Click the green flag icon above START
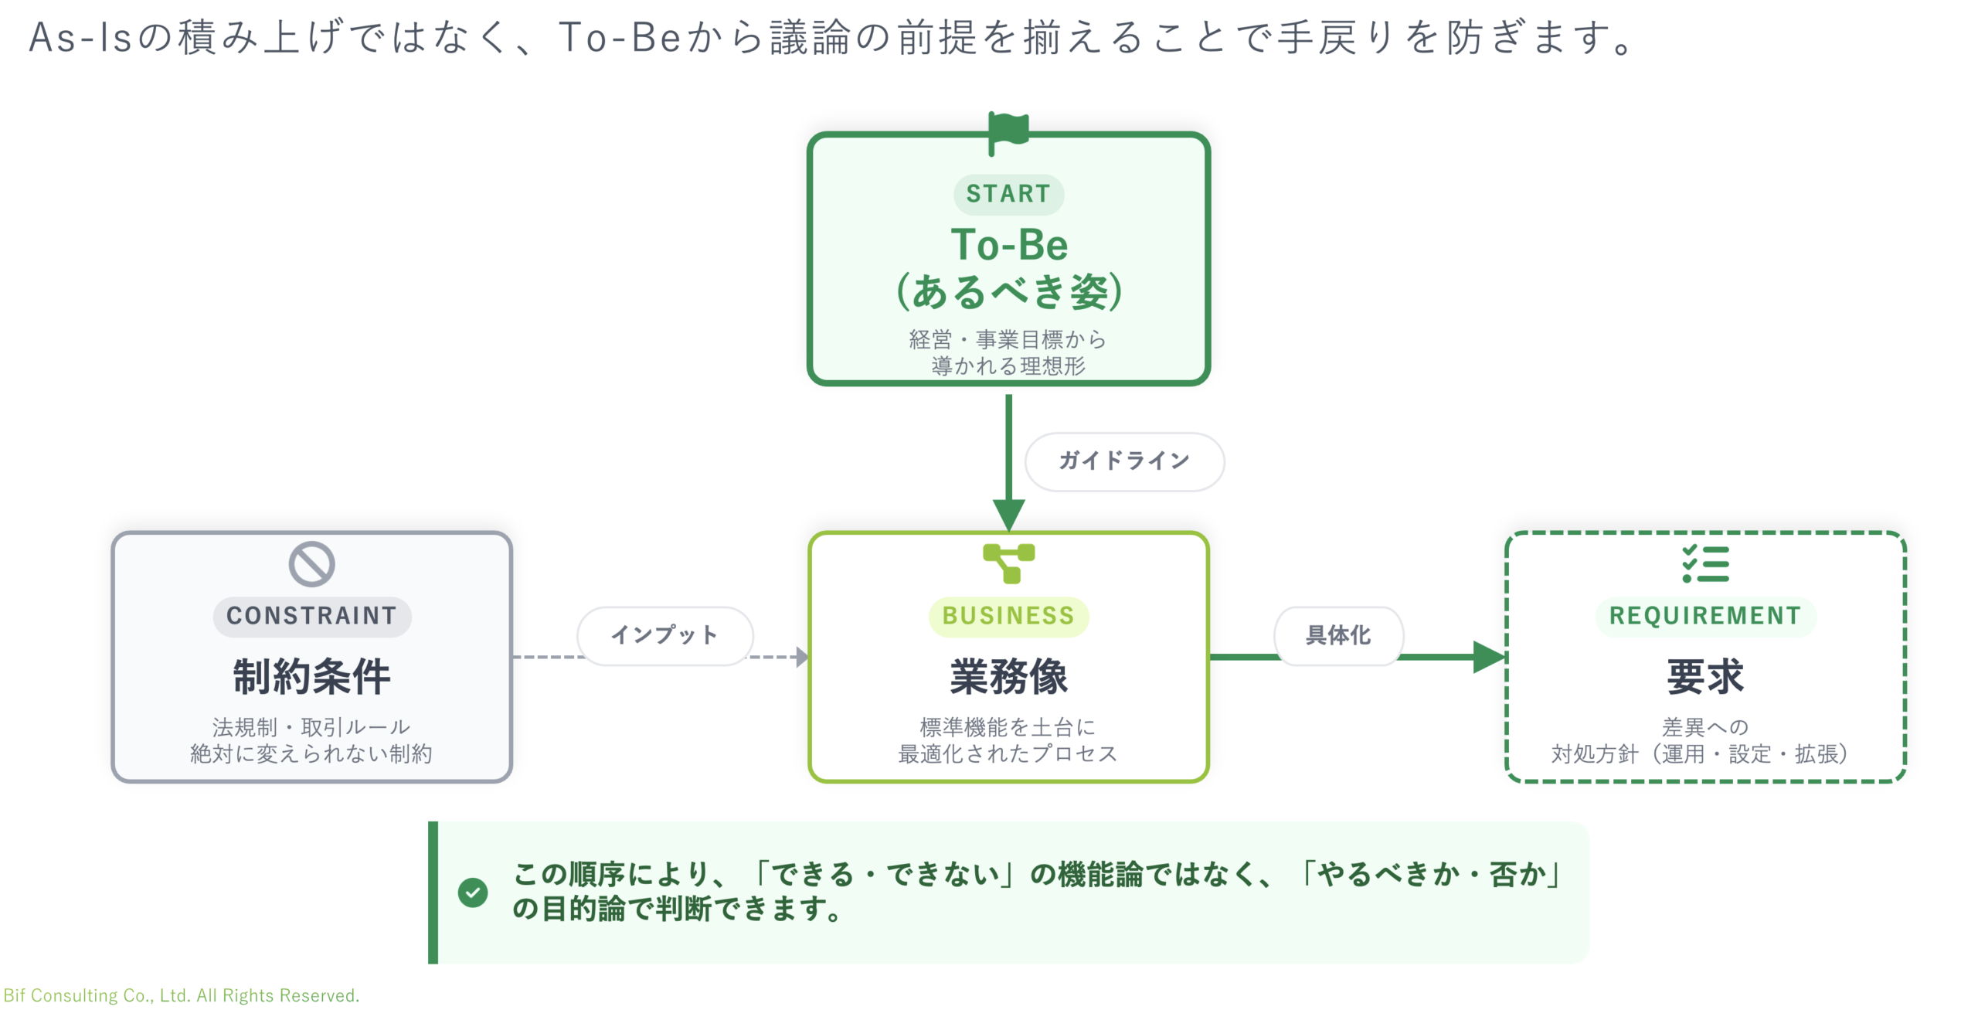point(1009,131)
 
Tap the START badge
point(1008,194)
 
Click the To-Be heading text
point(1009,246)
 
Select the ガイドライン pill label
point(1124,461)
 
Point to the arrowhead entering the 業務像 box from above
point(1008,515)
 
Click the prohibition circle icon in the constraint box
point(311,564)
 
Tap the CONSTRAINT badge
point(311,616)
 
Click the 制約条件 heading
point(311,677)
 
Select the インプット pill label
point(664,635)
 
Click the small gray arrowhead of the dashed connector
point(802,657)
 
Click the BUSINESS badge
point(1008,616)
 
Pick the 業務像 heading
point(1008,677)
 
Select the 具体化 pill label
point(1338,635)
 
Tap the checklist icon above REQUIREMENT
point(1705,563)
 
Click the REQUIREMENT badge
point(1705,616)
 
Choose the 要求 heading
point(1705,677)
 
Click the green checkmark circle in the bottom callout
point(473,893)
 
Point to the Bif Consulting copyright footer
point(182,995)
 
